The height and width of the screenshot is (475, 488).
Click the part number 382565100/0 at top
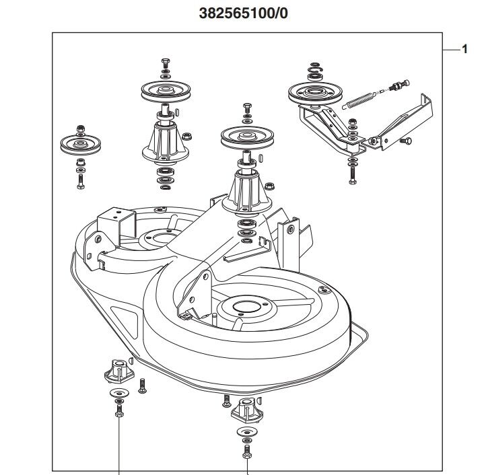coord(244,13)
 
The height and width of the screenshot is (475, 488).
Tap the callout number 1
coord(464,48)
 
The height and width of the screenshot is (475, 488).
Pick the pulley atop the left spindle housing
coord(164,92)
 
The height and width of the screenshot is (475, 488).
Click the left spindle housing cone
coord(164,141)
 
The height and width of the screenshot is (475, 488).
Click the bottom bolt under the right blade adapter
coord(246,451)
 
